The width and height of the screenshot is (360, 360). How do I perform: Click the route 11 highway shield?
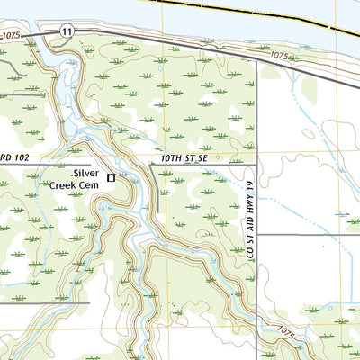coord(67,31)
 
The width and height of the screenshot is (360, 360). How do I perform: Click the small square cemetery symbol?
coord(112,178)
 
